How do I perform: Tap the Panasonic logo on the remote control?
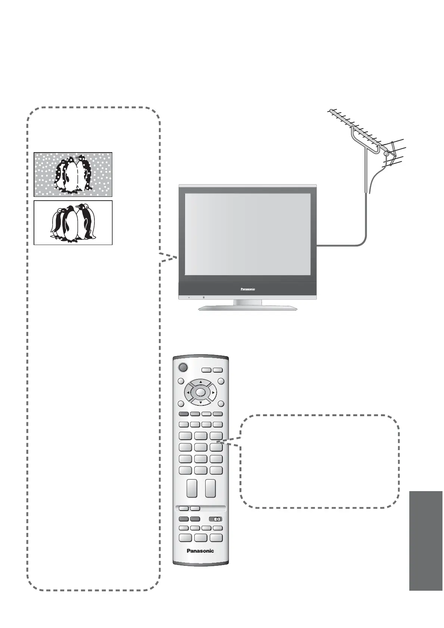[200, 551]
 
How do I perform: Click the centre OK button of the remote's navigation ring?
[200, 392]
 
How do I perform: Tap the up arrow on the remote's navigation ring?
[200, 382]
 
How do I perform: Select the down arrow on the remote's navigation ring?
[200, 403]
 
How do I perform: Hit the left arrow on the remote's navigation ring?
[188, 392]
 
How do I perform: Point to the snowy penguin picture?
[73, 174]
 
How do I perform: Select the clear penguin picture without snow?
[73, 223]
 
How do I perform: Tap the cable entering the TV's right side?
[336, 245]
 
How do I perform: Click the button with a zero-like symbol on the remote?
[216, 519]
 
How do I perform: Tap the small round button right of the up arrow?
[221, 381]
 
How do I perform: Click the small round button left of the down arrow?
[181, 404]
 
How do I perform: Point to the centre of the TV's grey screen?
[248, 234]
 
